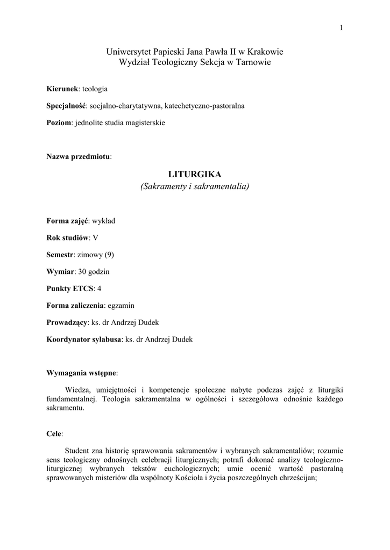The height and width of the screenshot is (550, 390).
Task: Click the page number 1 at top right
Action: coord(341,28)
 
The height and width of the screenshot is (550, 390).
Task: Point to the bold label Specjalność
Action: coord(66,106)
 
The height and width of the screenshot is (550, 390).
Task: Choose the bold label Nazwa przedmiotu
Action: coord(79,156)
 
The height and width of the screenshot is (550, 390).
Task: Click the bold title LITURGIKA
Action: coord(195,175)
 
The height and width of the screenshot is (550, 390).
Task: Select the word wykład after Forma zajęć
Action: coord(103,221)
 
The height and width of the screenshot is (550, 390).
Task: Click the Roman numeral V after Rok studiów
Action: coord(96,237)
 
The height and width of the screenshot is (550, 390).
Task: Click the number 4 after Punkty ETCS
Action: coord(100,288)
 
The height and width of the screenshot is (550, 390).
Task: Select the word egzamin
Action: coord(121,306)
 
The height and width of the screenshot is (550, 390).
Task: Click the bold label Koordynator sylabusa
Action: coord(84,339)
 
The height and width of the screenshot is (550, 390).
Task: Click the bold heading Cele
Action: coord(54,433)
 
